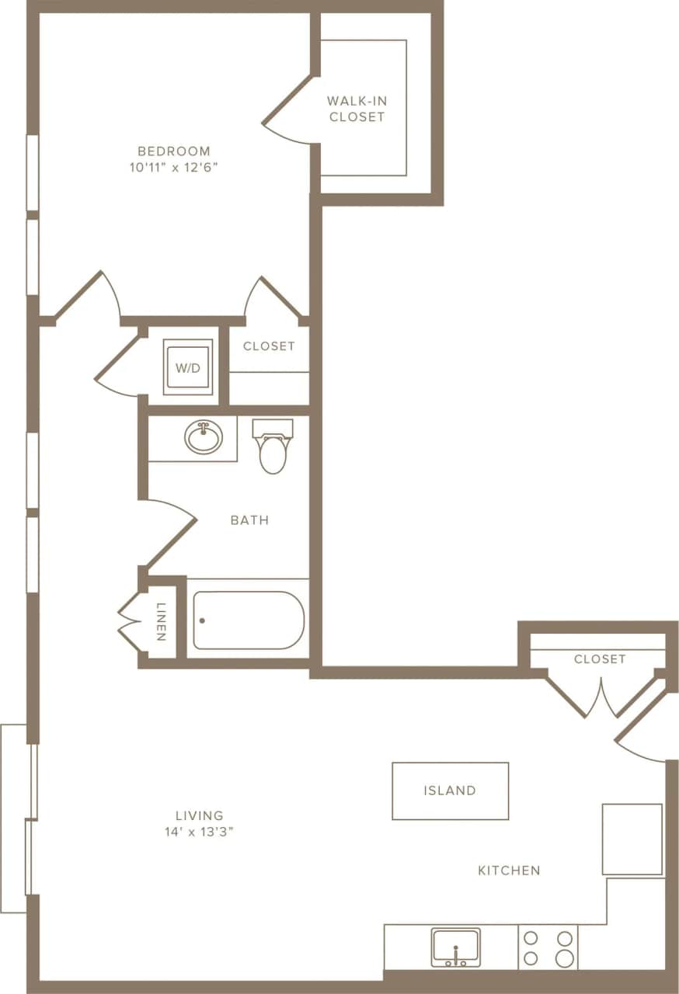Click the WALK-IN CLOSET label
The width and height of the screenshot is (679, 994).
tap(357, 109)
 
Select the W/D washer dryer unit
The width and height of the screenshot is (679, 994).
tap(188, 367)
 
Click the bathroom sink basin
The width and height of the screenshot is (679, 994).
tap(204, 438)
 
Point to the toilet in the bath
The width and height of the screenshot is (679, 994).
tap(273, 449)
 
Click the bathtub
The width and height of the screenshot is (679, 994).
tap(248, 620)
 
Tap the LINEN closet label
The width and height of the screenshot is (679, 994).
tap(161, 621)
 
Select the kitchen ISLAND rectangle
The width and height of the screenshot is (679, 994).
tap(450, 791)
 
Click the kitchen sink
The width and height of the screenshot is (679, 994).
tap(455, 947)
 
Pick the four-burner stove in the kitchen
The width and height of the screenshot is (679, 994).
tap(548, 947)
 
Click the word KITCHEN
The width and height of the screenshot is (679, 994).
tap(509, 871)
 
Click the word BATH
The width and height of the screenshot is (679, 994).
tap(249, 520)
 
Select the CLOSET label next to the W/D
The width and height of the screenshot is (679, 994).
tap(269, 346)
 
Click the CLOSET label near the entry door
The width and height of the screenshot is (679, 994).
tap(600, 659)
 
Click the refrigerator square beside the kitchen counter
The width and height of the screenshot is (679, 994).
tap(632, 839)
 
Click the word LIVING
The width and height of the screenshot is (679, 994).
tap(199, 815)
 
